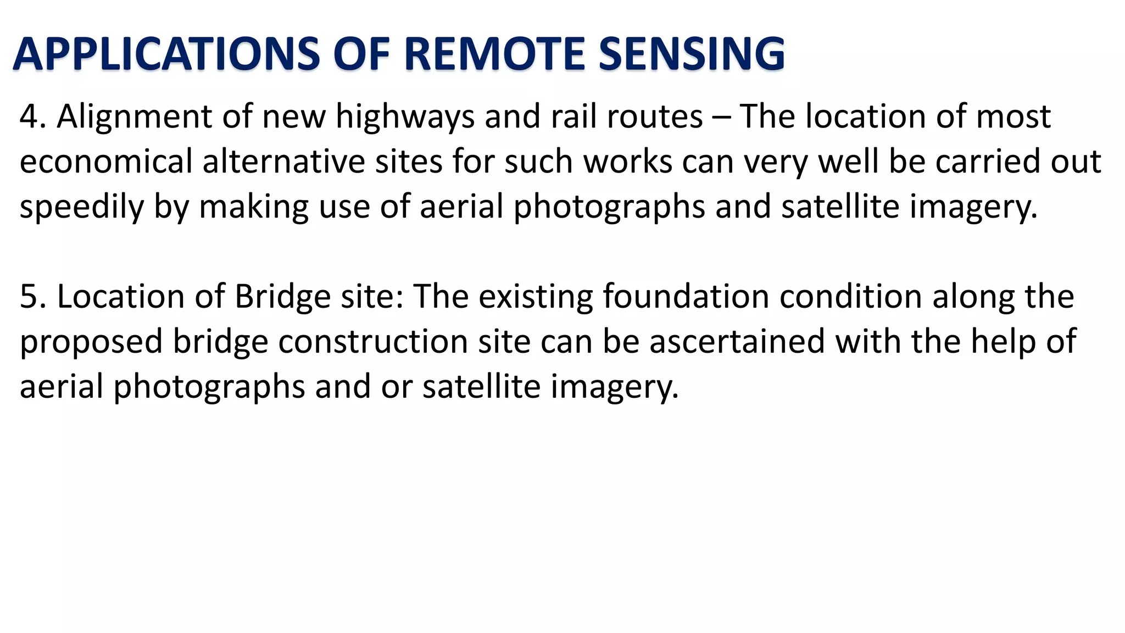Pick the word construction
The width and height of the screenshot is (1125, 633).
(373, 342)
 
